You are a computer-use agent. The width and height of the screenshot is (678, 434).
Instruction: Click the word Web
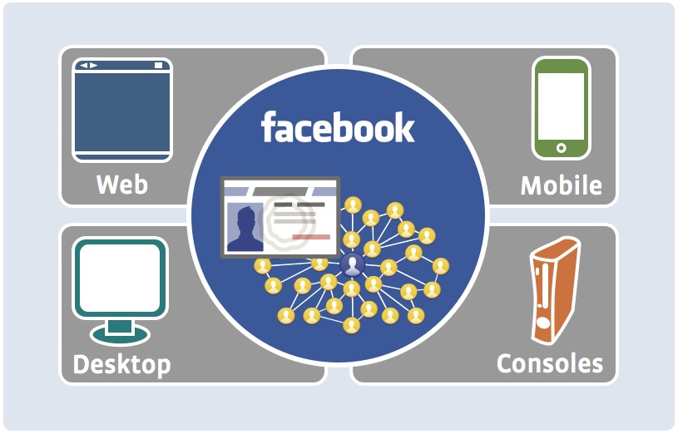click(x=122, y=185)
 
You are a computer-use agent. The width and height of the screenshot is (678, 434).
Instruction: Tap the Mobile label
click(x=562, y=185)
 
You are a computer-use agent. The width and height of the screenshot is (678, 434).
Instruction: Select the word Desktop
click(x=122, y=365)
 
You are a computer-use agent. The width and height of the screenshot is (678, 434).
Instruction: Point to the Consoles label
click(x=550, y=363)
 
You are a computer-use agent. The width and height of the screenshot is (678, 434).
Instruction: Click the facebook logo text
click(x=338, y=126)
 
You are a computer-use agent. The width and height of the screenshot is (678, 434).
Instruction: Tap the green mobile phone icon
click(x=561, y=108)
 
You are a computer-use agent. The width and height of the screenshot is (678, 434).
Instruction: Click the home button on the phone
click(x=561, y=148)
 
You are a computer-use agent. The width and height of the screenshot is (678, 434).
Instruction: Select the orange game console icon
click(x=555, y=290)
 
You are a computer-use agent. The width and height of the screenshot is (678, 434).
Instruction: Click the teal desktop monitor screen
click(x=120, y=278)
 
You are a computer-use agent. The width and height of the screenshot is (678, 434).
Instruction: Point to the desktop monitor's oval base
click(x=120, y=334)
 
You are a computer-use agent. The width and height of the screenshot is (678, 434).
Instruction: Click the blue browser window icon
click(x=122, y=110)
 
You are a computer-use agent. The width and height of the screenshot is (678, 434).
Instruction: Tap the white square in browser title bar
click(x=159, y=66)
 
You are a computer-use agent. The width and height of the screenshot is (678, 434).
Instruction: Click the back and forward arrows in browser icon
click(x=89, y=66)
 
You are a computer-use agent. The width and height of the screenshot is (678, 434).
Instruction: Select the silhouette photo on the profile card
click(x=245, y=227)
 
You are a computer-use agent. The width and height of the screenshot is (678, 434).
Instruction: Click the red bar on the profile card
click(x=311, y=236)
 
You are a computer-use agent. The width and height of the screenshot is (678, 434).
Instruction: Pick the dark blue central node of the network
click(x=353, y=264)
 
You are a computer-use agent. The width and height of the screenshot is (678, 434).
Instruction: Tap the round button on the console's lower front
click(x=542, y=323)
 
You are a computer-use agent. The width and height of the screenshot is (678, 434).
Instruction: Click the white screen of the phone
click(x=561, y=106)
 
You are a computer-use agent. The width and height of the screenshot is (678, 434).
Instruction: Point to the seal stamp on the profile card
click(x=288, y=220)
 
